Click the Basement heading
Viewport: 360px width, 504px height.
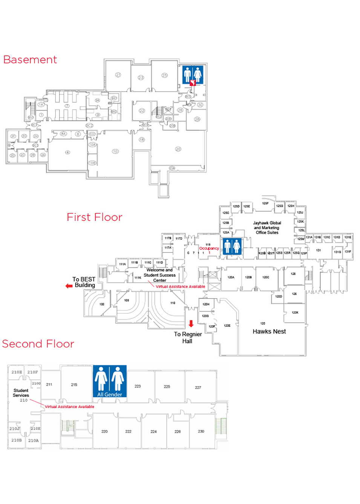point(30,60)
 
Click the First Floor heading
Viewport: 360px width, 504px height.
point(94,217)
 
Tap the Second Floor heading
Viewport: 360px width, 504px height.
point(38,344)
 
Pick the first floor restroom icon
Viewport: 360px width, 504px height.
point(232,247)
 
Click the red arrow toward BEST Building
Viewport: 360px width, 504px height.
point(69,286)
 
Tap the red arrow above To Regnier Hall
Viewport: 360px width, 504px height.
point(191,323)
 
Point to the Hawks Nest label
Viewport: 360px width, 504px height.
point(269,331)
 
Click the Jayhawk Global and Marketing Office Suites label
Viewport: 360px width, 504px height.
point(267,228)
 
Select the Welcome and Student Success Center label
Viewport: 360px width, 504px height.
point(159,275)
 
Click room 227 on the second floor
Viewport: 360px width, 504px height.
point(198,387)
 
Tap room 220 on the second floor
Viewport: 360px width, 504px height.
point(104,431)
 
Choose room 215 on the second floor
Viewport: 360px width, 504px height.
point(74,385)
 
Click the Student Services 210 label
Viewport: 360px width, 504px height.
point(21,395)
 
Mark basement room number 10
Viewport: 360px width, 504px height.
point(115,151)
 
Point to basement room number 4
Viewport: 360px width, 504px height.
point(67,152)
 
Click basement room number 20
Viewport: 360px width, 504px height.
point(178,149)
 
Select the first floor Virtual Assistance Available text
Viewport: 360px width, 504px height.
point(181,286)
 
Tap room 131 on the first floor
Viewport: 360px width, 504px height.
point(319,250)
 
